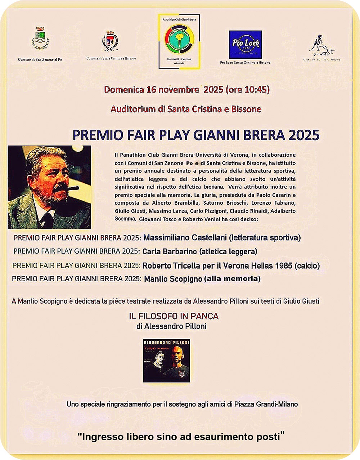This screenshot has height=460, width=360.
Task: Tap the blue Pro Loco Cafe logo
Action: tap(245, 44)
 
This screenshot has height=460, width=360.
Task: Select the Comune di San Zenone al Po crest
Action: tap(40, 39)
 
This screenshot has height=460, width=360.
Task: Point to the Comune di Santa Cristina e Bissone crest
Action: tap(111, 41)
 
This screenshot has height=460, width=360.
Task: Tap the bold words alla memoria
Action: tap(232, 278)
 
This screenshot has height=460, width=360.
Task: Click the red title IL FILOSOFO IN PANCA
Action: tap(174, 316)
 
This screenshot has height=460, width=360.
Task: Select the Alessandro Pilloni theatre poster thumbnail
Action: tap(166, 360)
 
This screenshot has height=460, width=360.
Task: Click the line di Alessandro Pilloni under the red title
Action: tap(171, 326)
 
